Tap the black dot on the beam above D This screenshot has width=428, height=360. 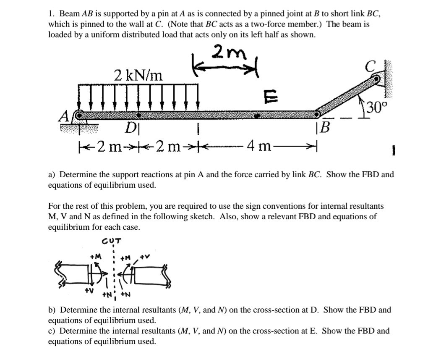click(x=138, y=114)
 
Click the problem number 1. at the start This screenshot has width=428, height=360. click(x=51, y=13)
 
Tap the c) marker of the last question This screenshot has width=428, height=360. click(x=52, y=331)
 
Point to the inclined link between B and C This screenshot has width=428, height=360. click(x=347, y=96)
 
